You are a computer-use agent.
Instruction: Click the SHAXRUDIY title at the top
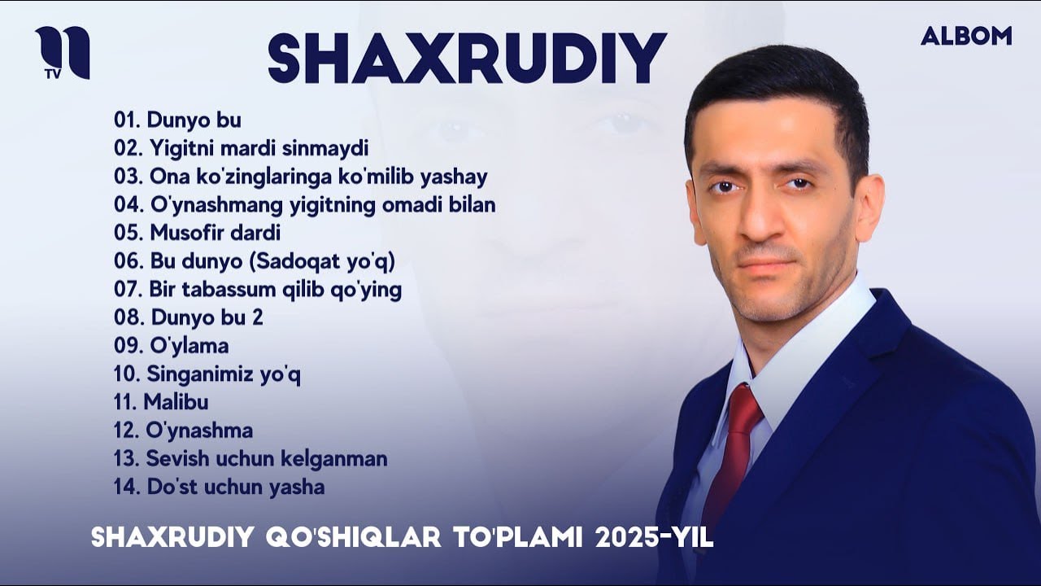(x=467, y=59)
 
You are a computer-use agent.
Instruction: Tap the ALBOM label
(x=966, y=36)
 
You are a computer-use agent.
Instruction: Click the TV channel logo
(x=62, y=53)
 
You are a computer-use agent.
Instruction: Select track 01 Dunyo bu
(x=177, y=120)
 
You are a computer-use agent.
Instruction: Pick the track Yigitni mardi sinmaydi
(x=242, y=148)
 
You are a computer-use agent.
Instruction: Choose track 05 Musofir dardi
(x=198, y=233)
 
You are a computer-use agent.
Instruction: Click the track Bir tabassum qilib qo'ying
(x=258, y=290)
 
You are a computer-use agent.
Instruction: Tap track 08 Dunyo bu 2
(x=189, y=317)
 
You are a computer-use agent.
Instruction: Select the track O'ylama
(x=172, y=346)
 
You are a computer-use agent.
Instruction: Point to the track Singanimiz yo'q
(x=207, y=374)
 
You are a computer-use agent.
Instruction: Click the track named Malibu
(x=161, y=402)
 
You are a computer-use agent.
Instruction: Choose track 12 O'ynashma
(x=184, y=431)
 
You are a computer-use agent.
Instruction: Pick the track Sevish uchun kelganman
(x=250, y=459)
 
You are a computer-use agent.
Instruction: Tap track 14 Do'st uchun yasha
(x=220, y=488)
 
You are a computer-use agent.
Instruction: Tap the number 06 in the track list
(x=128, y=261)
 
